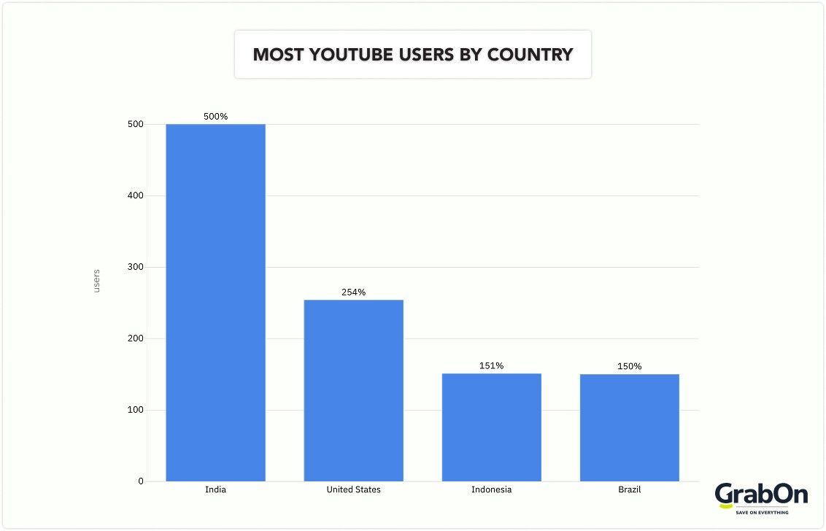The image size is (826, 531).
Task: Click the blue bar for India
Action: coord(215,303)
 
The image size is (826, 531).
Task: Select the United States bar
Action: coord(353,390)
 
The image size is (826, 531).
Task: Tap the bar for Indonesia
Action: coord(491,427)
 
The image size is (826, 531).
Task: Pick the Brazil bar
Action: coord(629,427)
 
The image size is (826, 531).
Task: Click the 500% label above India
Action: coord(215,117)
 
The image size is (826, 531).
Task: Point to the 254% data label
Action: coord(353,292)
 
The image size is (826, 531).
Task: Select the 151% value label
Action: coord(491,366)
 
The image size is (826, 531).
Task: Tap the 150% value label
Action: coord(629,366)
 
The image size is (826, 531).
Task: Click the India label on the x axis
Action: coord(215,489)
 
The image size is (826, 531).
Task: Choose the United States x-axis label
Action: coord(353,489)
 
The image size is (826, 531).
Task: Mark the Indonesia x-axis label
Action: coord(491,489)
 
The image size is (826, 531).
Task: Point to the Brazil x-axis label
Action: coord(629,489)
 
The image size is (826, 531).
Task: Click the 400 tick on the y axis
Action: coord(134,195)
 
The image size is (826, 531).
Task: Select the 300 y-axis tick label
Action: coord(134,267)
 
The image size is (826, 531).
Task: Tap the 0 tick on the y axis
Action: coord(140,481)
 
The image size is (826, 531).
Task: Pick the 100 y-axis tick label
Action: coord(134,410)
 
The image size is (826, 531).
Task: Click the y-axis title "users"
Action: coord(96,282)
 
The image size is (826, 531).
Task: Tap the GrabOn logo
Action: coord(761,498)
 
